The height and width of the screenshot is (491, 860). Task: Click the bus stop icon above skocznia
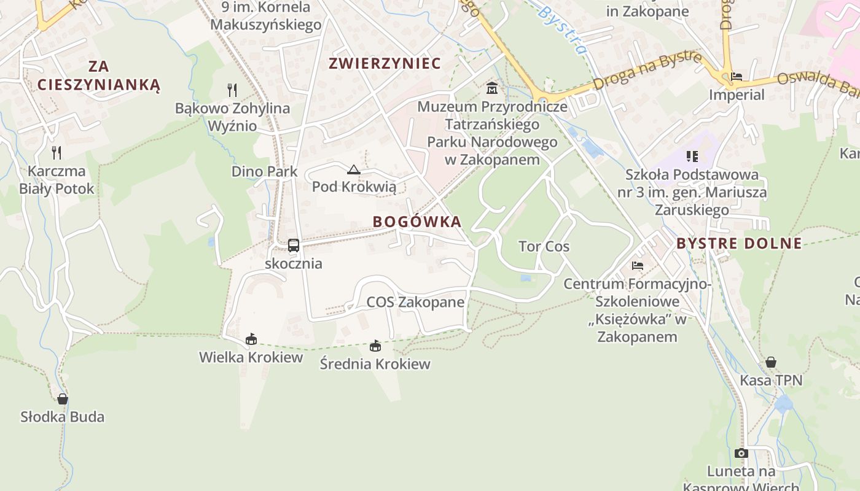[x=294, y=245]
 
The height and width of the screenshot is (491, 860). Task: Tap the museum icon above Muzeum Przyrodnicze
[x=491, y=89]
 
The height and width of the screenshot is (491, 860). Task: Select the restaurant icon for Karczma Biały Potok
[x=57, y=152]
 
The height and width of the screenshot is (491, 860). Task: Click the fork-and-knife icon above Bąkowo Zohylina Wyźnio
[x=232, y=90]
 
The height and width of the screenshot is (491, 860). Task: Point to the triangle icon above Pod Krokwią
[x=353, y=170]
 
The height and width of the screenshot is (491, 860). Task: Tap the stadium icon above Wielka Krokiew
[x=251, y=339]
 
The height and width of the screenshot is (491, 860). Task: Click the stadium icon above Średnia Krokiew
[x=375, y=346]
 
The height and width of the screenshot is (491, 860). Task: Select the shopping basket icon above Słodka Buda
[x=62, y=399]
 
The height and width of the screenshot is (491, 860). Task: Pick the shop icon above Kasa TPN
[x=770, y=362]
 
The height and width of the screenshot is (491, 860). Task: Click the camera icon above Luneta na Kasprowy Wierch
[x=741, y=454]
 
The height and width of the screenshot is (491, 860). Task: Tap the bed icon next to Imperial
[x=737, y=77]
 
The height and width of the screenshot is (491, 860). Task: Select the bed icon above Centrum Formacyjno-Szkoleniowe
[x=638, y=266]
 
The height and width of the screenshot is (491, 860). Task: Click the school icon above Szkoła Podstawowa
[x=692, y=157]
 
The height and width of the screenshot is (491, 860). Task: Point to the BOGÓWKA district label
[x=416, y=222]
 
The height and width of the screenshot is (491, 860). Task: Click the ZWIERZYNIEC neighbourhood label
[x=385, y=63]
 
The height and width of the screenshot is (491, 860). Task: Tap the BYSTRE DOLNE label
[x=739, y=243]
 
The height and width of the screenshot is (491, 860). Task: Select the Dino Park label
[x=264, y=171]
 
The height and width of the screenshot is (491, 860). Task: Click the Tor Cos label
[x=544, y=247]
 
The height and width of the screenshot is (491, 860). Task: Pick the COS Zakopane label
[x=415, y=302]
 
